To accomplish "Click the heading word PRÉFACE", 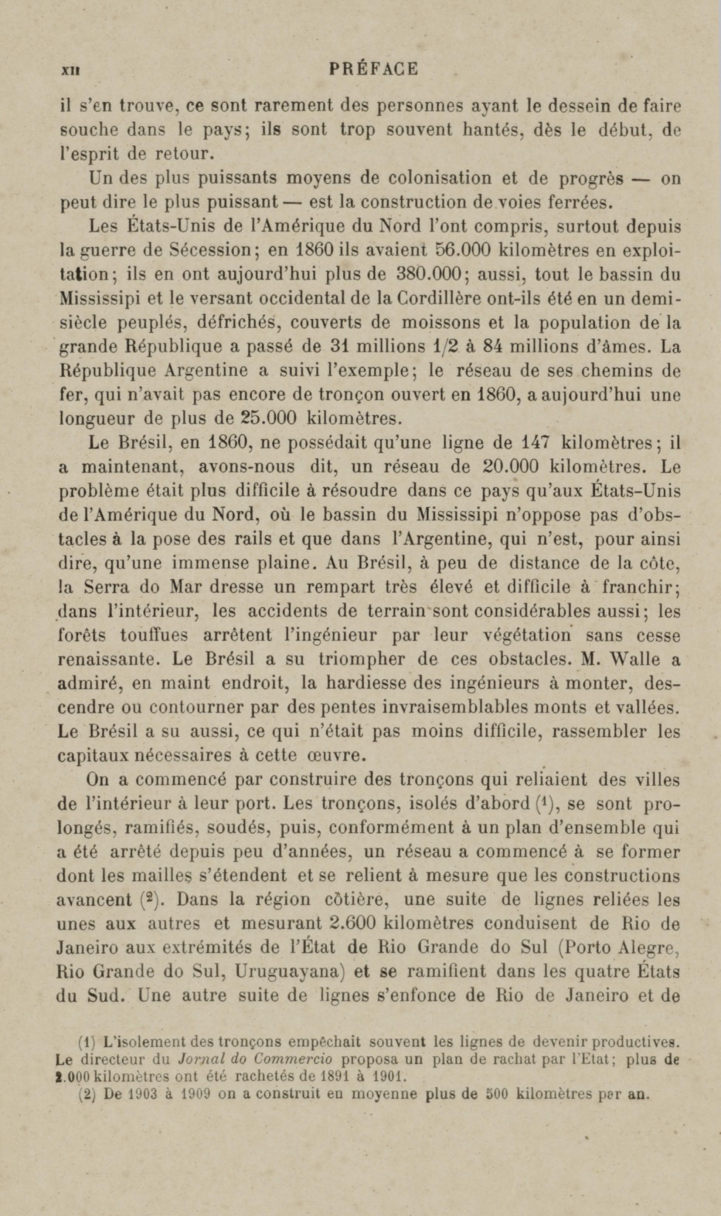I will (x=374, y=69).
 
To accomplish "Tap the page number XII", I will (x=71, y=71).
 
